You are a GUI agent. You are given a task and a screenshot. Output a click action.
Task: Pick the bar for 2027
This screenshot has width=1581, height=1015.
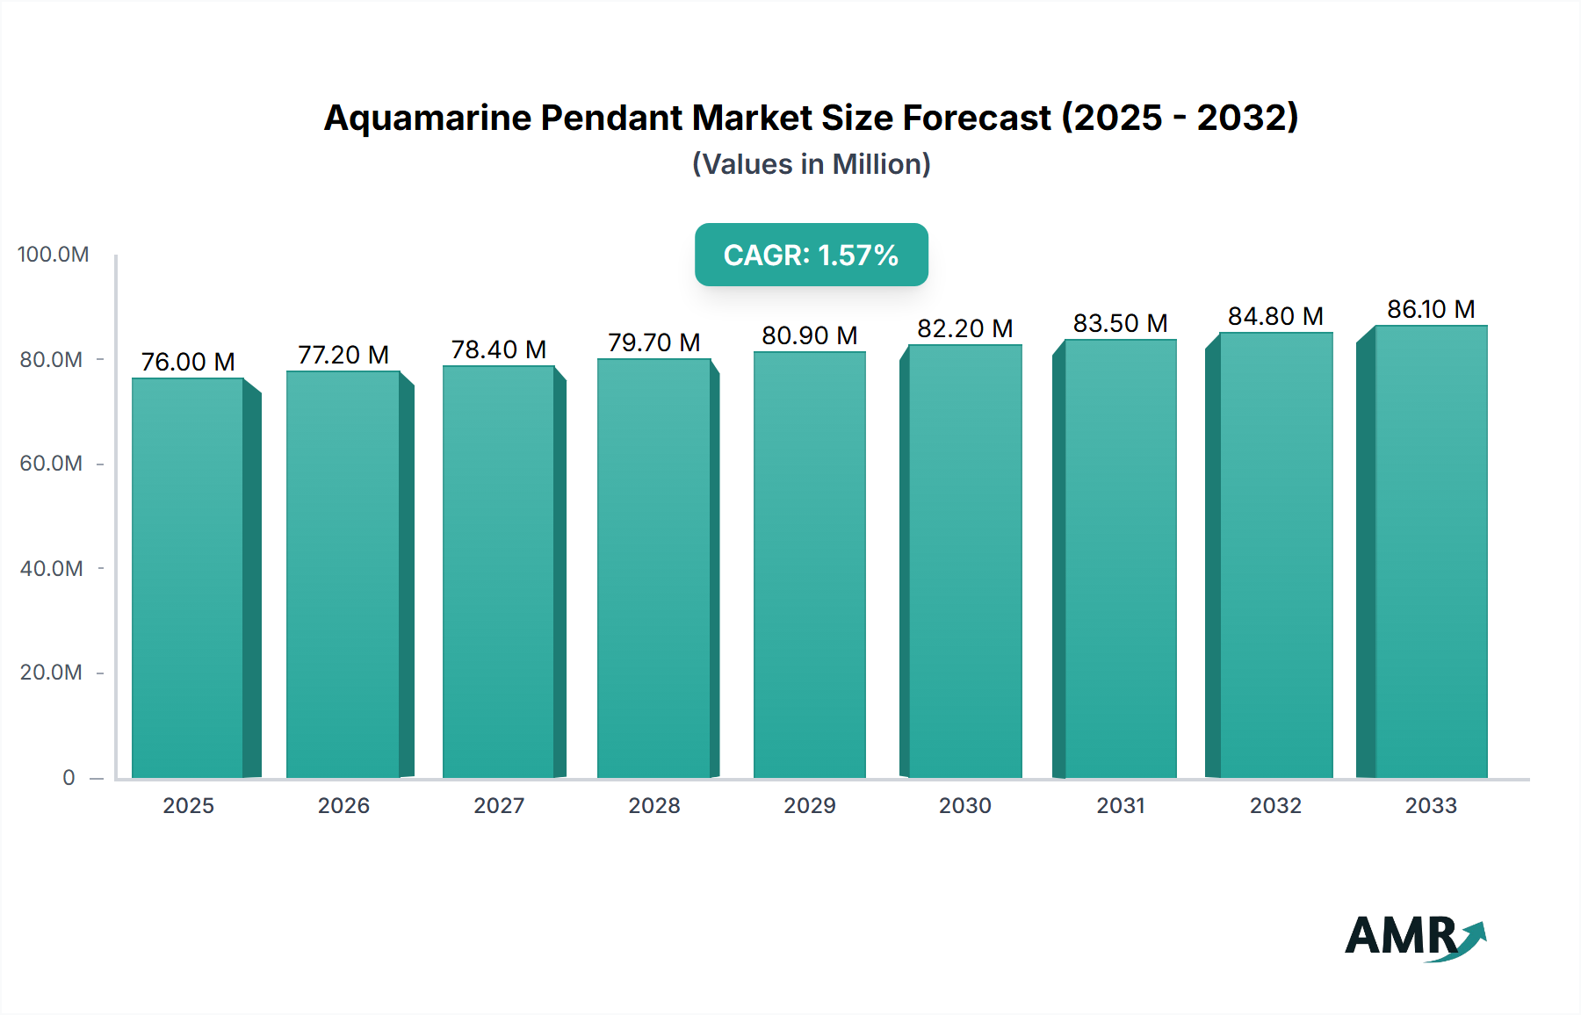[498, 572]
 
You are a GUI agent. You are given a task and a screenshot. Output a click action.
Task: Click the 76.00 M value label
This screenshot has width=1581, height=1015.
[188, 362]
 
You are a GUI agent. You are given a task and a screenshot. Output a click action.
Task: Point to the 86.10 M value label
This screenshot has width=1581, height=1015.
[1431, 309]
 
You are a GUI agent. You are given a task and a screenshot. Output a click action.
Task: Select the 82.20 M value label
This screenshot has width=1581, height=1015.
[964, 328]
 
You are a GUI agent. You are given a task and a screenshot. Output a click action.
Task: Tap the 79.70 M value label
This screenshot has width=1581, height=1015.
[653, 342]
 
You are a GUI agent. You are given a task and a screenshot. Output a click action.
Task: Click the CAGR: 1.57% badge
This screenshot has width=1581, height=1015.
[811, 255]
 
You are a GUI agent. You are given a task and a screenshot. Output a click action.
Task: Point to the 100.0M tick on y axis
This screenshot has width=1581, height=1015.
[53, 255]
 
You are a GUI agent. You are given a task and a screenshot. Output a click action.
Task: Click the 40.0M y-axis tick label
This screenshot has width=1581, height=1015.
[51, 568]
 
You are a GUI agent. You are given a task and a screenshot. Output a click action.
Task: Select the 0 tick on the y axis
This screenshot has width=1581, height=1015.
[69, 777]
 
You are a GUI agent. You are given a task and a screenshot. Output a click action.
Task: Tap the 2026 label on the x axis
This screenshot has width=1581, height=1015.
[343, 805]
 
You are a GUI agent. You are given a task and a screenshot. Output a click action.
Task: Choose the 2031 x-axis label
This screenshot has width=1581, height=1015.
[1120, 805]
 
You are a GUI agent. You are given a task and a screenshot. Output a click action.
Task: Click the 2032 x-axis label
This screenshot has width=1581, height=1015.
[1275, 805]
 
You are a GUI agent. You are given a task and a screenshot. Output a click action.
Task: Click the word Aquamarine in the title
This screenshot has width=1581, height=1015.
[427, 118]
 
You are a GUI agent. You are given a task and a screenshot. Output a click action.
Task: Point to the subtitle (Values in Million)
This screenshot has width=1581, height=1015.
[811, 164]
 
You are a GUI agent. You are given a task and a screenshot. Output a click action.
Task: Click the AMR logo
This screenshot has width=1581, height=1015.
[1414, 937]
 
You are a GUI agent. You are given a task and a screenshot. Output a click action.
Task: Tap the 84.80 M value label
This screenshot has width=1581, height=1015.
[1275, 316]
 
